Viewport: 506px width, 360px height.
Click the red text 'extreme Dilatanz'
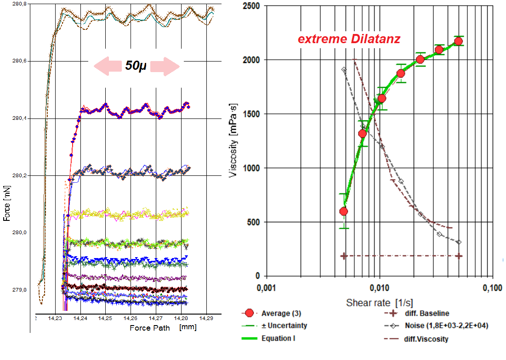coord(349,39)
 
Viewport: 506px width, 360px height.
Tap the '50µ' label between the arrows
coord(136,66)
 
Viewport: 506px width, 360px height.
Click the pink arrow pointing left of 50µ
coord(106,66)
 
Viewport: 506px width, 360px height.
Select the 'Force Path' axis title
coord(150,327)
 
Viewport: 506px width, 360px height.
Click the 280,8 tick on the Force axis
coord(21,4)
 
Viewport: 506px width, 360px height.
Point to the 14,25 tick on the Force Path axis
coord(105,318)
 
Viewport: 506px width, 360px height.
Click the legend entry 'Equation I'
coord(279,338)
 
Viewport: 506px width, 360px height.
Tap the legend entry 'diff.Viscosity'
coord(427,339)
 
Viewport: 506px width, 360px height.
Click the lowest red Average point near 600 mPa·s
coord(343,211)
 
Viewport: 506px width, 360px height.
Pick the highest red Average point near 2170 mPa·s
coord(458,41)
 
